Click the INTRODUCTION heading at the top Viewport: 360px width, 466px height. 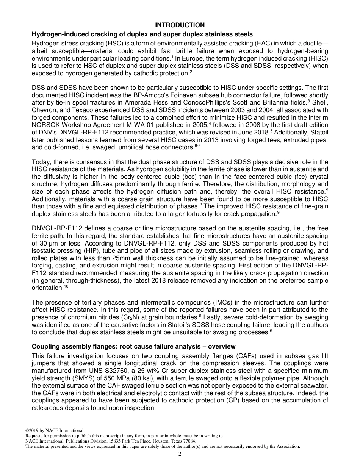pos(180,25)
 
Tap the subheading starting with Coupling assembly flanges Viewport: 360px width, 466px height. pos(133,346)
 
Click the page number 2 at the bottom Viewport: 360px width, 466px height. pos(180,454)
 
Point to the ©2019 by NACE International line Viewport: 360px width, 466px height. pos(54,430)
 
